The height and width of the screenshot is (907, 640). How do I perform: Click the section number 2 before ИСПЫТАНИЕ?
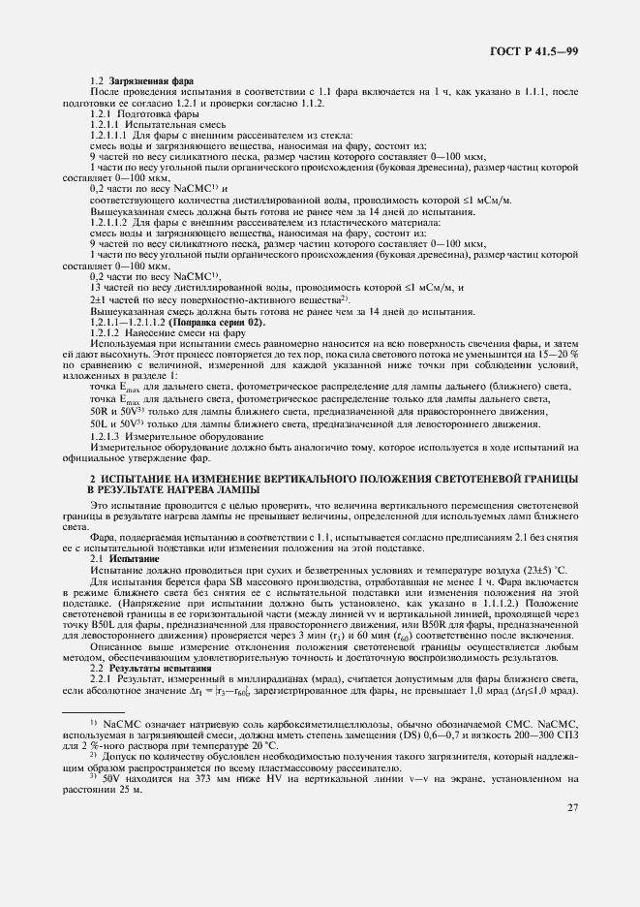92,480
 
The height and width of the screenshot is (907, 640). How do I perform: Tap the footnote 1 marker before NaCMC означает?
93,723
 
